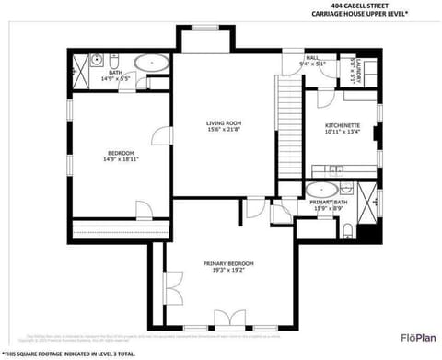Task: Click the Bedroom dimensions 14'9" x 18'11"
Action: (121, 159)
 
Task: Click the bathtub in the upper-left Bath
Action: (151, 64)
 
